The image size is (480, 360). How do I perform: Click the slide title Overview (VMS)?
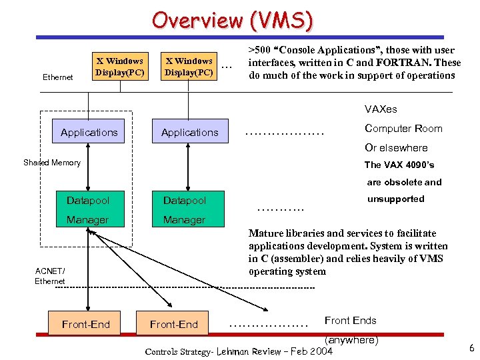(x=232, y=20)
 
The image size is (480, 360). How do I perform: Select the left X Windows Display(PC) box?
(x=119, y=66)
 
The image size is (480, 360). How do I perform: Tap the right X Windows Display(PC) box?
(x=189, y=66)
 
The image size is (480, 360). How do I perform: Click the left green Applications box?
(x=89, y=132)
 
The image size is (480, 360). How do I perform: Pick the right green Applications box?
(x=189, y=132)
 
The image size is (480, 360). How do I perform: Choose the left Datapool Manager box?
(x=88, y=209)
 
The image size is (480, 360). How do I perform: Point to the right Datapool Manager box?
(x=185, y=209)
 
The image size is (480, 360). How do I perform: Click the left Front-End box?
(x=85, y=324)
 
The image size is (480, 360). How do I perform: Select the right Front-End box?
(x=173, y=324)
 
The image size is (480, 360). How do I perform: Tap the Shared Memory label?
(x=52, y=163)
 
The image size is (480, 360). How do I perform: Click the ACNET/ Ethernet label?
(x=50, y=275)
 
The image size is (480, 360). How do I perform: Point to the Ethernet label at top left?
(x=58, y=77)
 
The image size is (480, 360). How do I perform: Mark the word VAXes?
(x=381, y=109)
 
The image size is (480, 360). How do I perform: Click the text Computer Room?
(x=403, y=129)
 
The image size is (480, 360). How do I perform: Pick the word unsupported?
(x=395, y=199)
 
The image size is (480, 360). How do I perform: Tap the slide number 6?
(x=471, y=347)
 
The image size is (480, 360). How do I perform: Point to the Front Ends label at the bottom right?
(x=350, y=321)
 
